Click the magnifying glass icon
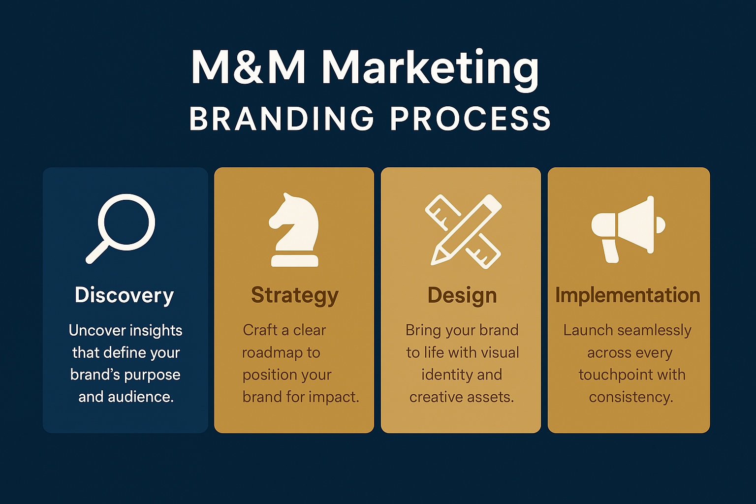pos(121,228)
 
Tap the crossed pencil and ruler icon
pos(463,231)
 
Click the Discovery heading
pos(125,295)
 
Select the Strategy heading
pos(295,296)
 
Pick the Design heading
pos(462,296)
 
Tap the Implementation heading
pos(628,295)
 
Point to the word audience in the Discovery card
pos(139,397)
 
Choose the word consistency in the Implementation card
pos(630,397)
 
